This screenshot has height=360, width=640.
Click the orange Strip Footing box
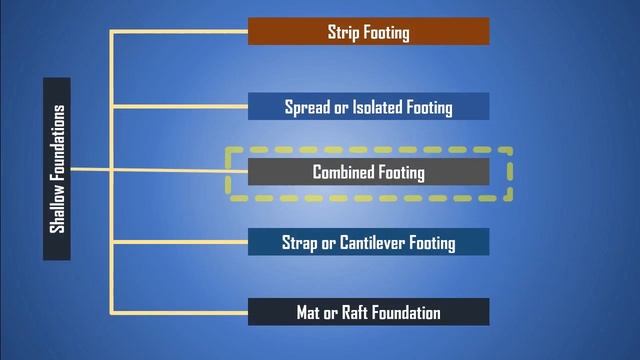(x=368, y=32)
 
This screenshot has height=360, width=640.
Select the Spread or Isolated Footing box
(x=368, y=107)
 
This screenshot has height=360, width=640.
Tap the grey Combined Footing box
(x=368, y=172)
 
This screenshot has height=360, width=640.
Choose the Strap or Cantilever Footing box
(x=368, y=242)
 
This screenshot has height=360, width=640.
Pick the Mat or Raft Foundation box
(x=368, y=312)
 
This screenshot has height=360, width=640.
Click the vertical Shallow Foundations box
(x=57, y=169)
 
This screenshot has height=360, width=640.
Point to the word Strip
(x=343, y=33)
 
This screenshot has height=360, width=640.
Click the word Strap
(x=302, y=243)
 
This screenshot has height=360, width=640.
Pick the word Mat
(x=309, y=313)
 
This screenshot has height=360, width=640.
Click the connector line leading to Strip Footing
(x=180, y=33)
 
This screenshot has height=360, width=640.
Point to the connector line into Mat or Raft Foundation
(x=180, y=312)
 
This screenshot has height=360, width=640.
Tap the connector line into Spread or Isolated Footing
(x=180, y=105)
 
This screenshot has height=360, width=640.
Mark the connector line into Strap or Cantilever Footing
(x=180, y=241)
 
